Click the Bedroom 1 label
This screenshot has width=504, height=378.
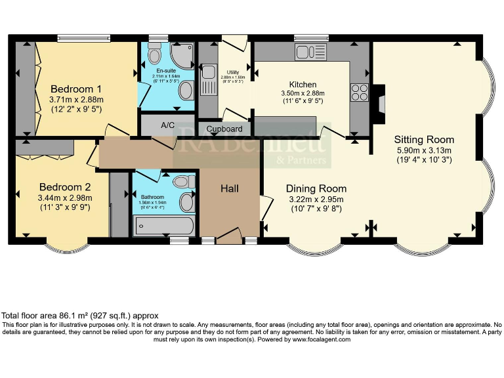[x=76, y=89]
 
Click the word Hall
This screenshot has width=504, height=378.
[x=229, y=188]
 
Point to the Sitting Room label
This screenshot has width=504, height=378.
[x=424, y=140]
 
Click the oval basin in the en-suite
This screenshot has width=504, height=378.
[x=186, y=91]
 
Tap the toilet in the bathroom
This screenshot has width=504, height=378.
[x=183, y=180]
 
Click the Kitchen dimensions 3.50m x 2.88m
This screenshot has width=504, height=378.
[x=303, y=94]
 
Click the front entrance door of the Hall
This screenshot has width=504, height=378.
[x=229, y=236]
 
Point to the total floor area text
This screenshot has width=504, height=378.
[x=79, y=316]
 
